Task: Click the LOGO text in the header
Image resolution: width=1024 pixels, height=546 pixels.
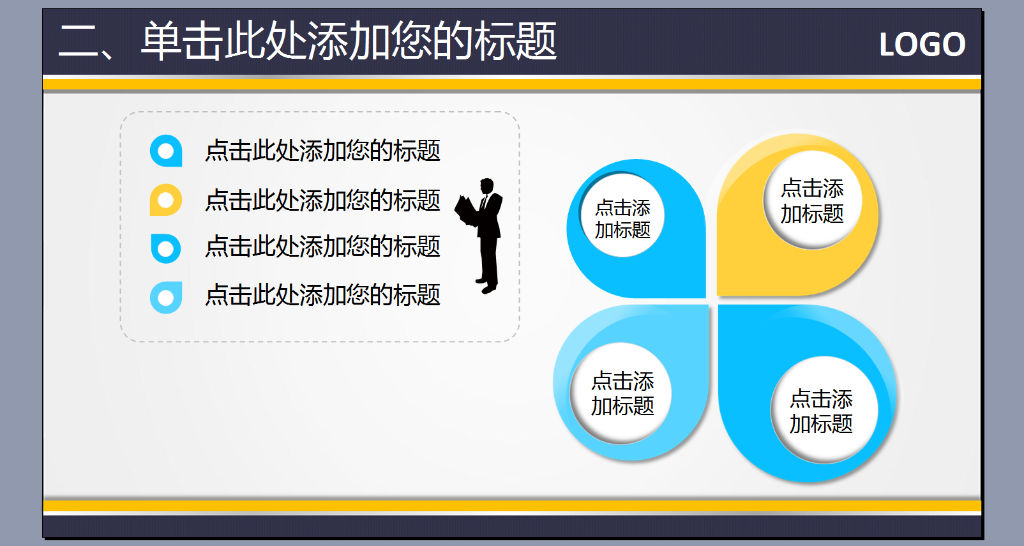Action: [922, 44]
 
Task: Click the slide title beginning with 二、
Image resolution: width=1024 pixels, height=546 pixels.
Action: [307, 41]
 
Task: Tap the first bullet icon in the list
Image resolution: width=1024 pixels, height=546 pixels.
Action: [166, 151]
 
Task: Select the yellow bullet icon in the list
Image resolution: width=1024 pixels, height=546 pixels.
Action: [166, 200]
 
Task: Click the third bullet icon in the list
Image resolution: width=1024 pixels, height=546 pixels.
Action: [166, 248]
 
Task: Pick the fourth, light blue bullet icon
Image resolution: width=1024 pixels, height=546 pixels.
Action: [166, 298]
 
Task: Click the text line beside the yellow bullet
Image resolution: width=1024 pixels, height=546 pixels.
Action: [323, 201]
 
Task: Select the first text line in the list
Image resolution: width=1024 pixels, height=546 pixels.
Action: [323, 151]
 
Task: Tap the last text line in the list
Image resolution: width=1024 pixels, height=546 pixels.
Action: [323, 294]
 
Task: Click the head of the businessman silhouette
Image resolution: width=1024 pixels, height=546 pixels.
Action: [487, 186]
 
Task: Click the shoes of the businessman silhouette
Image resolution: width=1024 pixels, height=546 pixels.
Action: [486, 285]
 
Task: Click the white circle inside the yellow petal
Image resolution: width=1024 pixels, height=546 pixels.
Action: [813, 201]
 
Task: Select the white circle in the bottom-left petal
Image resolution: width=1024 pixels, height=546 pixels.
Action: [621, 393]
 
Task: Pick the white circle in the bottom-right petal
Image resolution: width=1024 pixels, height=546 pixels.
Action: [824, 410]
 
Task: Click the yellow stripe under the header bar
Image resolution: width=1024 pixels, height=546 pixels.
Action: [512, 84]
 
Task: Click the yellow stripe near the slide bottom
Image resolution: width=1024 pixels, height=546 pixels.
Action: [512, 506]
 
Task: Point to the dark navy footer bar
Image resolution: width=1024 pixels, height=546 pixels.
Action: [512, 526]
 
